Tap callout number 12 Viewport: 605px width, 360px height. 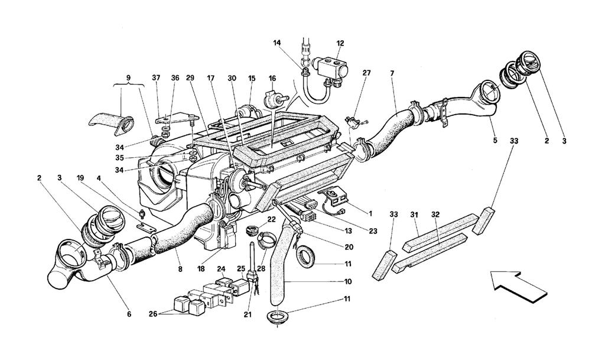pyautogui.click(x=340, y=43)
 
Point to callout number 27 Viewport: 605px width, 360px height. pyautogui.click(x=366, y=73)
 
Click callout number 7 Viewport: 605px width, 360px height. pyautogui.click(x=392, y=73)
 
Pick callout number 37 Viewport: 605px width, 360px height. pyautogui.click(x=156, y=77)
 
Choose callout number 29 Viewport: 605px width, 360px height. pyautogui.click(x=190, y=77)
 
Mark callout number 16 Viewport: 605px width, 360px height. pyautogui.click(x=272, y=79)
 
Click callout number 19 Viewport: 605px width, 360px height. pyautogui.click(x=80, y=178)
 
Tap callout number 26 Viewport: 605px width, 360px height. pyautogui.click(x=153, y=314)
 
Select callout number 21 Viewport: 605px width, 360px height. pyautogui.click(x=248, y=314)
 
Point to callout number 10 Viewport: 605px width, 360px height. pyautogui.click(x=348, y=281)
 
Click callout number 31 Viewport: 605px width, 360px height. pyautogui.click(x=414, y=214)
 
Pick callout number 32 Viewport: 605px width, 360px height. pyautogui.click(x=435, y=214)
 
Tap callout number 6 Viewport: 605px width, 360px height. pyautogui.click(x=129, y=314)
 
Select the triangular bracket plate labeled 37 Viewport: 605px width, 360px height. pyautogui.click(x=177, y=118)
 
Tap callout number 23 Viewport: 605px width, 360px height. pyautogui.click(x=373, y=232)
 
